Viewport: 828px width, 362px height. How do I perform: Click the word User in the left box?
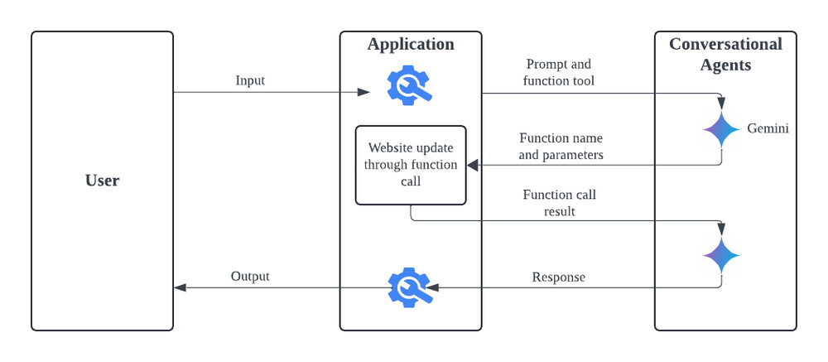tap(102, 180)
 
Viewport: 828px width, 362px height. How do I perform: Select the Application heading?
tap(411, 45)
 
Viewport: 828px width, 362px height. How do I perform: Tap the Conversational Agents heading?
tap(725, 54)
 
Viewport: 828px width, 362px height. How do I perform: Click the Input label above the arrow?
tap(250, 80)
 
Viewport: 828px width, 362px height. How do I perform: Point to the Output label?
tap(250, 276)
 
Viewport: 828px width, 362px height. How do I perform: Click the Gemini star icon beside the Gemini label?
tap(721, 130)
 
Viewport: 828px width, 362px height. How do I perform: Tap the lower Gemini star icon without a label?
tap(721, 255)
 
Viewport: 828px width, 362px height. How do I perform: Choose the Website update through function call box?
tap(411, 165)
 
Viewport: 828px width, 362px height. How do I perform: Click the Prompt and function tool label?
tap(560, 72)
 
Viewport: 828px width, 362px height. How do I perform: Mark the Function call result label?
tap(560, 203)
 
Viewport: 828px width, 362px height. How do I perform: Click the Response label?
tap(559, 277)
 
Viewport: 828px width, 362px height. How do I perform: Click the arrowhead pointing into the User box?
tap(180, 287)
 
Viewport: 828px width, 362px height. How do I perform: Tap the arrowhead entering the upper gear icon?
tap(363, 92)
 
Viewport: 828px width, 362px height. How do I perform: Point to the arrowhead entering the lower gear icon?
tap(432, 287)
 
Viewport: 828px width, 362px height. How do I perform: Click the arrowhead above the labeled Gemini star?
tap(721, 104)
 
